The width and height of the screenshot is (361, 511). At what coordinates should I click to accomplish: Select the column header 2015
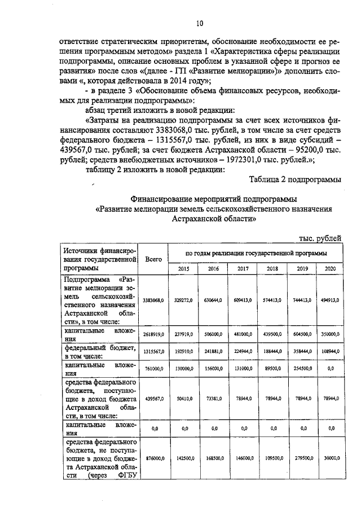183,269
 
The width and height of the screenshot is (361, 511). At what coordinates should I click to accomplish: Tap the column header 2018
272,269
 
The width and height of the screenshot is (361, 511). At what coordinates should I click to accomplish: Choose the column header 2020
330,269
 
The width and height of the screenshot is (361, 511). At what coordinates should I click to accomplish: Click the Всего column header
153,259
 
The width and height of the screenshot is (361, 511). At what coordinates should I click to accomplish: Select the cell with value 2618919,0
153,334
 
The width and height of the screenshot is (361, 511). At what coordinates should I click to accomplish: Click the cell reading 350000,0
330,334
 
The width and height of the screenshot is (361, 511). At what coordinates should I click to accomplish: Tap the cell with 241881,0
213,350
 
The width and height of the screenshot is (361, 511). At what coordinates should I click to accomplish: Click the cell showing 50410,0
183,399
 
